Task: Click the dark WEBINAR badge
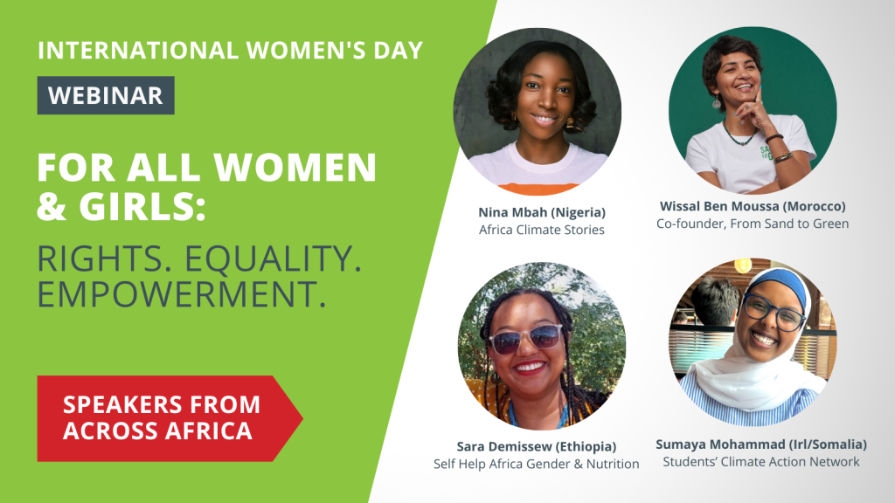point(106,95)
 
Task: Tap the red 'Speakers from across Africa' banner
point(162,417)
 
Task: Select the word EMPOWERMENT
point(182,294)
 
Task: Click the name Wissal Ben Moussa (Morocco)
point(753,206)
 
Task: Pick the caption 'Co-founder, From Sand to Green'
point(753,224)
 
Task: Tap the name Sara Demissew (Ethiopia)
point(536,445)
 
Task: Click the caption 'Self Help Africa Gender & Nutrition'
point(536,464)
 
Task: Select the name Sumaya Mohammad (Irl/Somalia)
point(760,444)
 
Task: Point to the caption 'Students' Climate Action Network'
point(760,462)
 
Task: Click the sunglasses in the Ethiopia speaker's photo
point(526,338)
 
